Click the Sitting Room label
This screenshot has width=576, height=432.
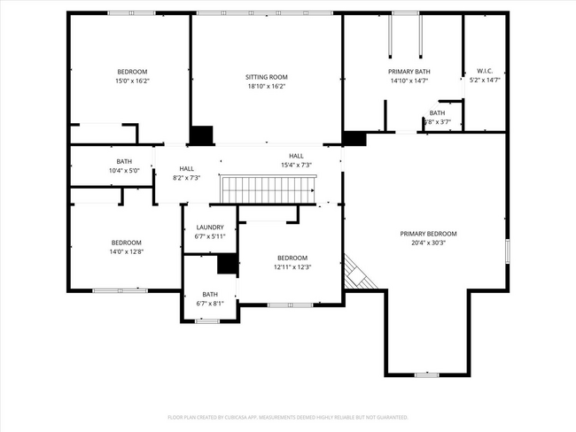coord(267,77)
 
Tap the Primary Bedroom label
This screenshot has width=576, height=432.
coord(428,234)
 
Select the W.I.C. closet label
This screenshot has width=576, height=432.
coord(485,71)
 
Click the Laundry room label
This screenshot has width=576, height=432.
coord(210,227)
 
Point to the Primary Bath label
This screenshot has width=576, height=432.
coord(409,71)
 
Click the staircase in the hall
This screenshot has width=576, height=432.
coord(268,189)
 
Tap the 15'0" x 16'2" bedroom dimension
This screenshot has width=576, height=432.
coord(132,81)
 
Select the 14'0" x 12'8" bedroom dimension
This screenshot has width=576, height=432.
coord(126,251)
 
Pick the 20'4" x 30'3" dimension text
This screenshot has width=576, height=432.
coord(428,243)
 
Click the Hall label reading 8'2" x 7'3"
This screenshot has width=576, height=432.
coord(186,177)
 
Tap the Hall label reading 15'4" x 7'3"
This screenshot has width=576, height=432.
coord(296,165)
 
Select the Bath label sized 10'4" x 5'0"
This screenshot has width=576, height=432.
coord(123,170)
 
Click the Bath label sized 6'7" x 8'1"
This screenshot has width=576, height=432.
coord(210,303)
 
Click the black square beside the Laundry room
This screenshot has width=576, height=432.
coord(228,264)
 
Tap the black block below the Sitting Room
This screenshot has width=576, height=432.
coord(202,135)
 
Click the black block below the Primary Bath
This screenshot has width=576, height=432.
coord(354,138)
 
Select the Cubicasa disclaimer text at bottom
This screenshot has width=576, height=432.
coord(288,416)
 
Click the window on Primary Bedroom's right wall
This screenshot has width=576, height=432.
coord(508,250)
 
